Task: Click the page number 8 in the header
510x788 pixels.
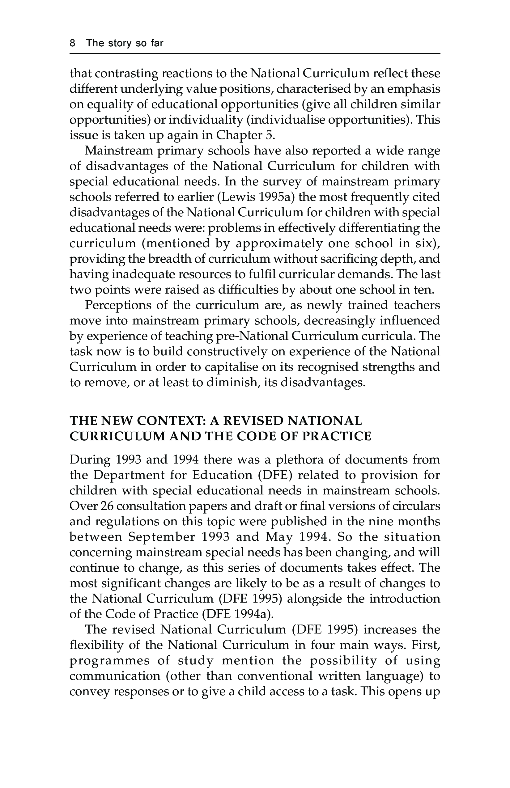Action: click(73, 43)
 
